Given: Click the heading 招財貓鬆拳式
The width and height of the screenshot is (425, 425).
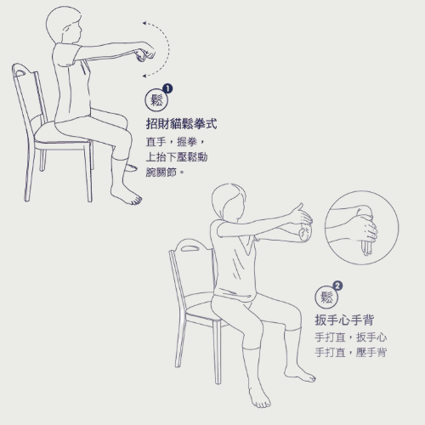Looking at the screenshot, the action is click(181, 124).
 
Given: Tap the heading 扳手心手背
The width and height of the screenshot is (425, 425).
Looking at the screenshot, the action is click(344, 320).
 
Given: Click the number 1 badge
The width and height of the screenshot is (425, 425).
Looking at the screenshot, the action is click(167, 88).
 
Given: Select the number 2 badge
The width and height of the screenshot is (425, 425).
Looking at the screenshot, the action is click(337, 286).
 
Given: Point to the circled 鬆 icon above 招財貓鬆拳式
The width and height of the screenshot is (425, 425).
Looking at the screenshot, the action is click(156, 100).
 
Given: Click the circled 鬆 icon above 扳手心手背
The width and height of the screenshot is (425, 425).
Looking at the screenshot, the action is click(326, 297).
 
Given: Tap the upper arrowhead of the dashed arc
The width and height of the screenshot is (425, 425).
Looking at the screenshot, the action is click(144, 23).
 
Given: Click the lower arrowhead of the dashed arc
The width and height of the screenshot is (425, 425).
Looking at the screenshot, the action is click(144, 76).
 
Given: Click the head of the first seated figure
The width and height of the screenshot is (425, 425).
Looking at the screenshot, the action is click(64, 25).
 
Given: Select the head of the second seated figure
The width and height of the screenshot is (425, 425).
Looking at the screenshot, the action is click(229, 201).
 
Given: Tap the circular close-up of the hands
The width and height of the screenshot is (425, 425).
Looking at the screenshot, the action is click(362, 228).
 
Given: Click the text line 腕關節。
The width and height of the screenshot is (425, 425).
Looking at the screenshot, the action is click(165, 172).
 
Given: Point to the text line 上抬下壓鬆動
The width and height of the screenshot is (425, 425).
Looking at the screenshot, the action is click(177, 156).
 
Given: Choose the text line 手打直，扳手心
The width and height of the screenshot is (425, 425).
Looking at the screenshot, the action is click(351, 337).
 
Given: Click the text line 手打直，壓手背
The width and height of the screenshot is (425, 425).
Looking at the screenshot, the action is click(351, 353).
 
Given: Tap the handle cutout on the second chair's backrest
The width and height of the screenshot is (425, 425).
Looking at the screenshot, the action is click(191, 249).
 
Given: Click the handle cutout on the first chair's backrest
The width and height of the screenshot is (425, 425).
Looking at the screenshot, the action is click(21, 73).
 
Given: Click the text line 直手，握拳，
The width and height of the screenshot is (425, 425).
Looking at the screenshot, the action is click(176, 142).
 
